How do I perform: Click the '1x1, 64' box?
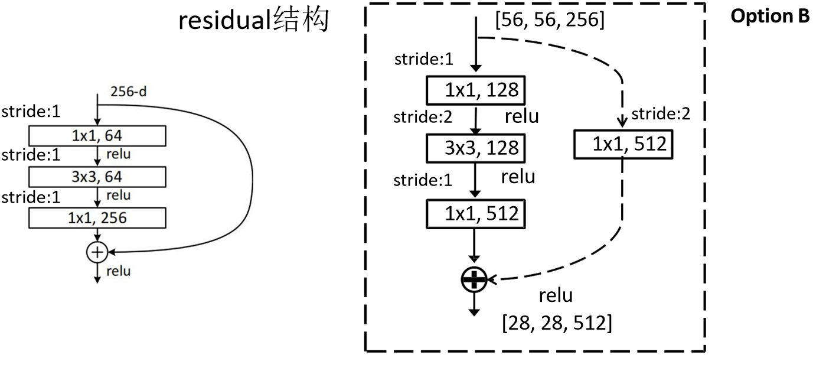click(97, 136)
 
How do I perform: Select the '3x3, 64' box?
click(97, 177)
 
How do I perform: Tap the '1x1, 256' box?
click(97, 218)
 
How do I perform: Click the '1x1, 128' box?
click(475, 90)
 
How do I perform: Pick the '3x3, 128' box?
click(475, 148)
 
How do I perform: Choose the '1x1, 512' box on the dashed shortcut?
click(623, 144)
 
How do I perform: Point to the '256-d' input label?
click(129, 92)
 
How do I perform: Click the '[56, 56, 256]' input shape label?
click(550, 19)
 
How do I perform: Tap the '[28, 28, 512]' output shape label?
click(557, 323)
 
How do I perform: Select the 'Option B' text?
click(769, 16)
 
